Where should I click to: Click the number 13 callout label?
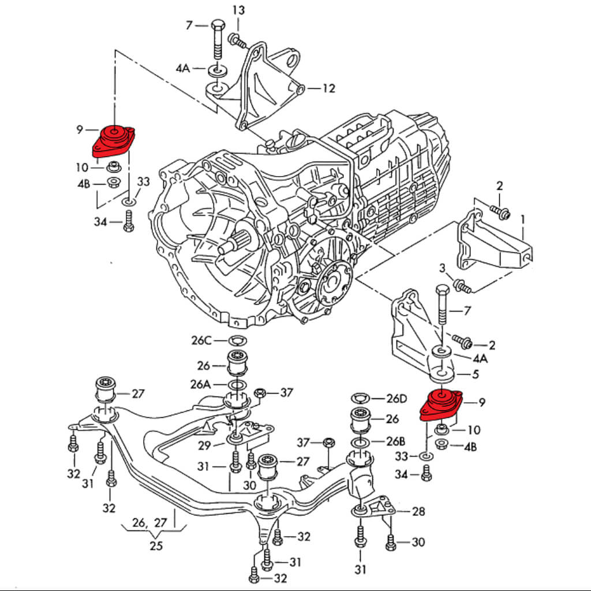click(x=238, y=10)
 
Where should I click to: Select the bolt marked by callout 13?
click(x=237, y=40)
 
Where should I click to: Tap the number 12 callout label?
click(x=328, y=89)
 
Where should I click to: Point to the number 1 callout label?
click(x=523, y=219)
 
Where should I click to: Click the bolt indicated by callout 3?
click(x=462, y=285)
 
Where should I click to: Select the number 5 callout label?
click(x=475, y=374)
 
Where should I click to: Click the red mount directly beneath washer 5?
click(x=440, y=403)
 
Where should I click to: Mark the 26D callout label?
click(x=396, y=398)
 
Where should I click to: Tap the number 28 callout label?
click(x=418, y=511)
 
